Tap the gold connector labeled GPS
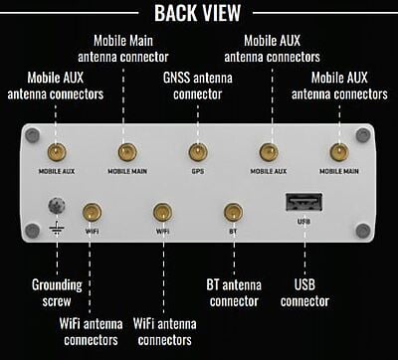click(x=197, y=152)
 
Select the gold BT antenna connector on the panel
click(x=233, y=211)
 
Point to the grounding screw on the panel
click(x=56, y=206)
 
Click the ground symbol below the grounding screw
click(x=56, y=229)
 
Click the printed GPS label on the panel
click(x=197, y=170)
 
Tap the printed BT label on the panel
click(x=233, y=230)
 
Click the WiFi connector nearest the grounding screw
click(x=92, y=211)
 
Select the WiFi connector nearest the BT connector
click(x=162, y=211)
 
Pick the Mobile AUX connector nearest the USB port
click(x=268, y=152)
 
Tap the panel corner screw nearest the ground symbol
click(x=32, y=231)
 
